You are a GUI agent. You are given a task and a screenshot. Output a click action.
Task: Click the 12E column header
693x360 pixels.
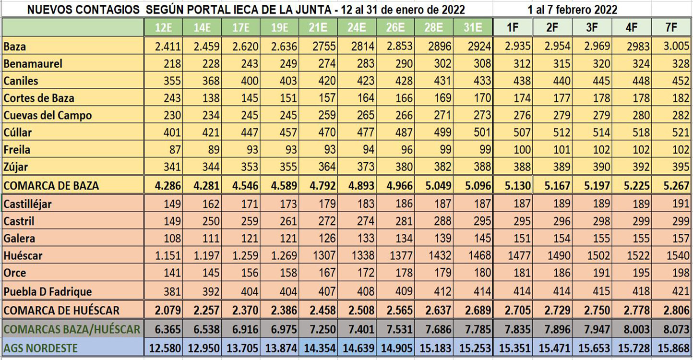click(164, 28)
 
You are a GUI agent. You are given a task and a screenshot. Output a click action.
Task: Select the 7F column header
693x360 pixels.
click(671, 28)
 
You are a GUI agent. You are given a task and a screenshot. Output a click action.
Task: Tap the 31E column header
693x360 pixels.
click(473, 28)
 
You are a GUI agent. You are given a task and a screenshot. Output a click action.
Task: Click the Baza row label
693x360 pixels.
click(15, 47)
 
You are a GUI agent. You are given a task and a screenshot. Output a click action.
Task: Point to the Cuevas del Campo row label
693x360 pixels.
click(47, 116)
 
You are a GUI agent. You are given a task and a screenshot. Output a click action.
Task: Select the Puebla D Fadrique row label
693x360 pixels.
click(47, 291)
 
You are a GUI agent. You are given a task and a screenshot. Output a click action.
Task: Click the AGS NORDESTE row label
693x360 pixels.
click(40, 347)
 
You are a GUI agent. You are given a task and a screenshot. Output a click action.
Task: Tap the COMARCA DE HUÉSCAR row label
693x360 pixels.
click(61, 310)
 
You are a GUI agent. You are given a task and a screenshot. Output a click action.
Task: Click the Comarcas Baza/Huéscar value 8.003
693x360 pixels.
click(632, 329)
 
